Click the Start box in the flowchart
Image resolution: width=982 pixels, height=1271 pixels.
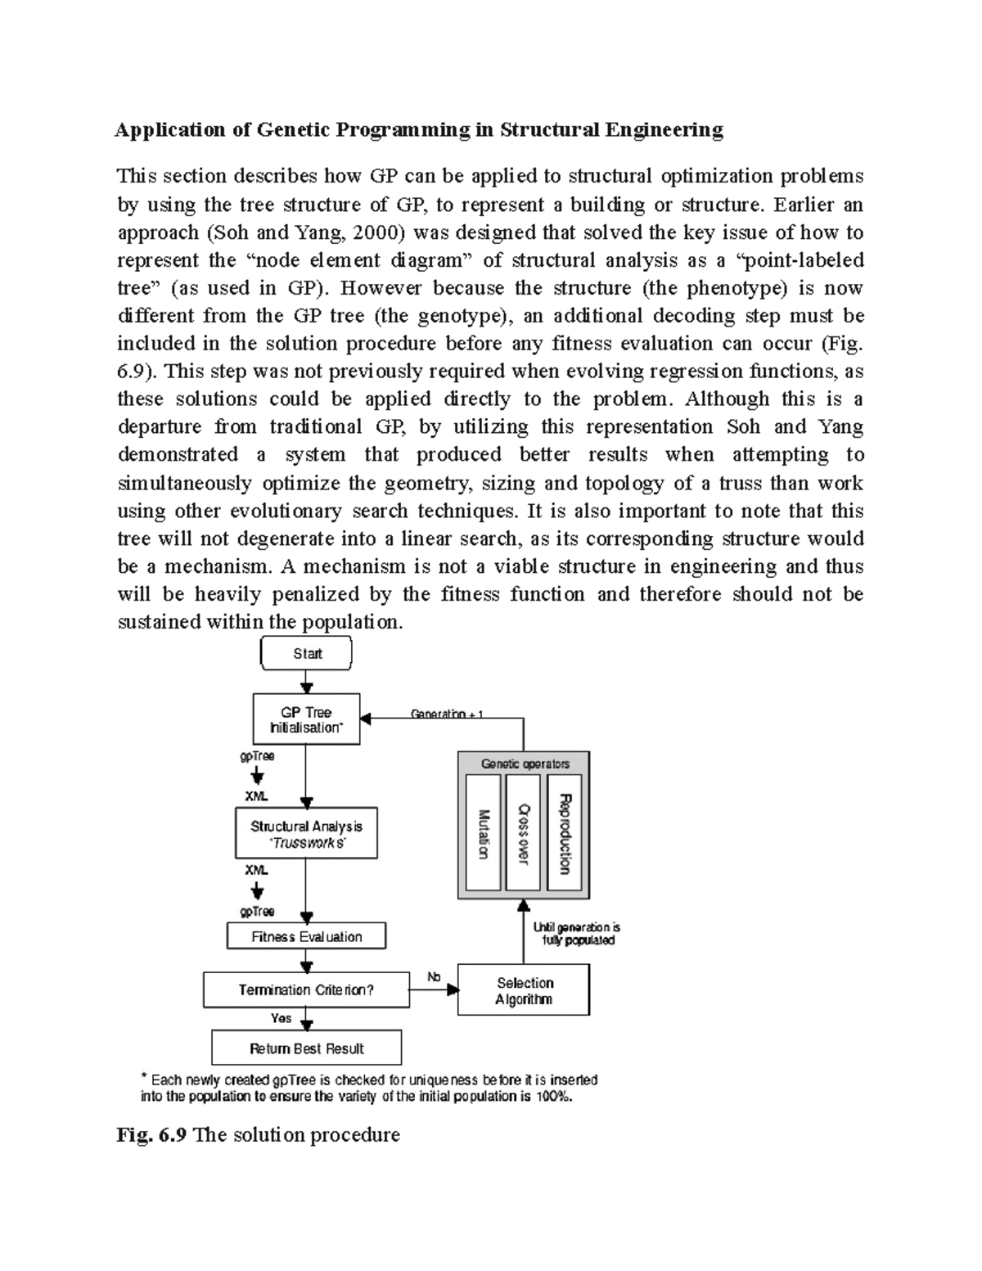tap(306, 653)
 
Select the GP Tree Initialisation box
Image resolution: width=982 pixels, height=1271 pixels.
tap(306, 719)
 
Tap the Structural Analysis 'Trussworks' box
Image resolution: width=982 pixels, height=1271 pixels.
tap(306, 834)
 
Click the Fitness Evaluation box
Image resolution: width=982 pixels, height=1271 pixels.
tap(306, 937)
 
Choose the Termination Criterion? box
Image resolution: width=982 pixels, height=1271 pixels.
tap(306, 990)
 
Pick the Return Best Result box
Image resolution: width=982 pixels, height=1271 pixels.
tap(306, 1048)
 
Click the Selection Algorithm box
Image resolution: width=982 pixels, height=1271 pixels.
tap(524, 990)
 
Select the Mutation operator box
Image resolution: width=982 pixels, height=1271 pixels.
tap(483, 833)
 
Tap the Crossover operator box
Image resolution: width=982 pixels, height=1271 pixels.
tap(523, 833)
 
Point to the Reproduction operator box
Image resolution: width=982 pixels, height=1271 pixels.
tap(564, 833)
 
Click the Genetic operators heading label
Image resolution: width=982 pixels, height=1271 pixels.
tap(525, 764)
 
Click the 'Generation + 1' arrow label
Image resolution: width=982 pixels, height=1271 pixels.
tap(447, 714)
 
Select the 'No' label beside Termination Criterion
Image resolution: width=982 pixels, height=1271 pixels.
tap(434, 977)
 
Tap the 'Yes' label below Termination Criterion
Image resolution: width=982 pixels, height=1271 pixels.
tap(281, 1019)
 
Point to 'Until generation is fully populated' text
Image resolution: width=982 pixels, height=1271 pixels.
tap(577, 934)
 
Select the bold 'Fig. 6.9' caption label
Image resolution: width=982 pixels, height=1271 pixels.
tap(152, 1135)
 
